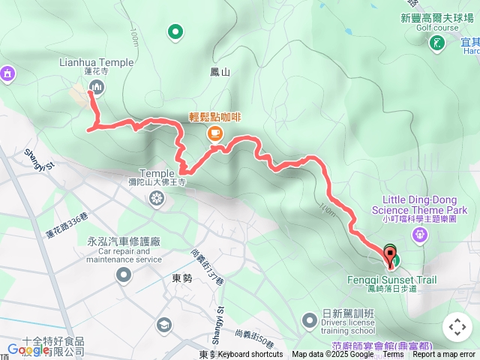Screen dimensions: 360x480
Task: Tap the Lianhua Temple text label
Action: point(96,62)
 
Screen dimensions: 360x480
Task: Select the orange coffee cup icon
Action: point(215,133)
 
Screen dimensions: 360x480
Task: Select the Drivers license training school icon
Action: point(310,320)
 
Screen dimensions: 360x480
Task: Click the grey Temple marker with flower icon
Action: point(156,198)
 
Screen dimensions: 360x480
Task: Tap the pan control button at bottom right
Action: point(457,326)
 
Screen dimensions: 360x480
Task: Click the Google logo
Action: point(28,349)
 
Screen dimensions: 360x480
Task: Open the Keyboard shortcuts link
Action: point(250,355)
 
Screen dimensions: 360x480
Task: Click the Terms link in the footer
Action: point(393,355)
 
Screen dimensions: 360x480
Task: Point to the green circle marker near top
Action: point(175,31)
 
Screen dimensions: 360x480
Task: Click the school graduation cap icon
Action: point(163,325)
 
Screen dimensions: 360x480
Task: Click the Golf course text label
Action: point(437,28)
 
